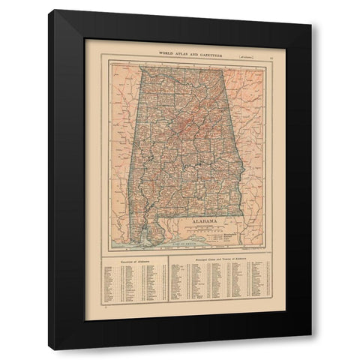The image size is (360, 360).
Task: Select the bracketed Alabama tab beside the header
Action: point(244,53)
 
